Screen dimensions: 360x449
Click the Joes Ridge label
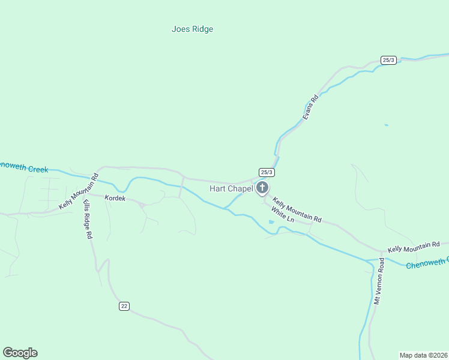click(192, 29)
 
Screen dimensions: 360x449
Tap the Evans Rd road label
click(310, 107)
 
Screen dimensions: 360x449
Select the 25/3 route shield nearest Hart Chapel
click(267, 172)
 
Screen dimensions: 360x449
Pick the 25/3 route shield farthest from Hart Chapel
click(388, 60)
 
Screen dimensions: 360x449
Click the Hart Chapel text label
click(231, 189)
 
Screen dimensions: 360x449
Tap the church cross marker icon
click(262, 188)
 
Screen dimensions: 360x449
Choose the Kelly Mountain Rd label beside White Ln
click(297, 210)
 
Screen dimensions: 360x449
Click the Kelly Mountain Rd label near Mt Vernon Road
click(414, 247)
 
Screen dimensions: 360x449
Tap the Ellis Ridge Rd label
click(87, 219)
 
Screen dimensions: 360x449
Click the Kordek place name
click(115, 198)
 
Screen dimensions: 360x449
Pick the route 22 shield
click(124, 306)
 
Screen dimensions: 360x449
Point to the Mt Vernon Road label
click(379, 282)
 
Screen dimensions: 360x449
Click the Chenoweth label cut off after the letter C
click(427, 263)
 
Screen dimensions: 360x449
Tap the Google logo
click(20, 353)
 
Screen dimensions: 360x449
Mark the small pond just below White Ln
click(271, 223)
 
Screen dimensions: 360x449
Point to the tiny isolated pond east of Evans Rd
click(386, 125)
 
